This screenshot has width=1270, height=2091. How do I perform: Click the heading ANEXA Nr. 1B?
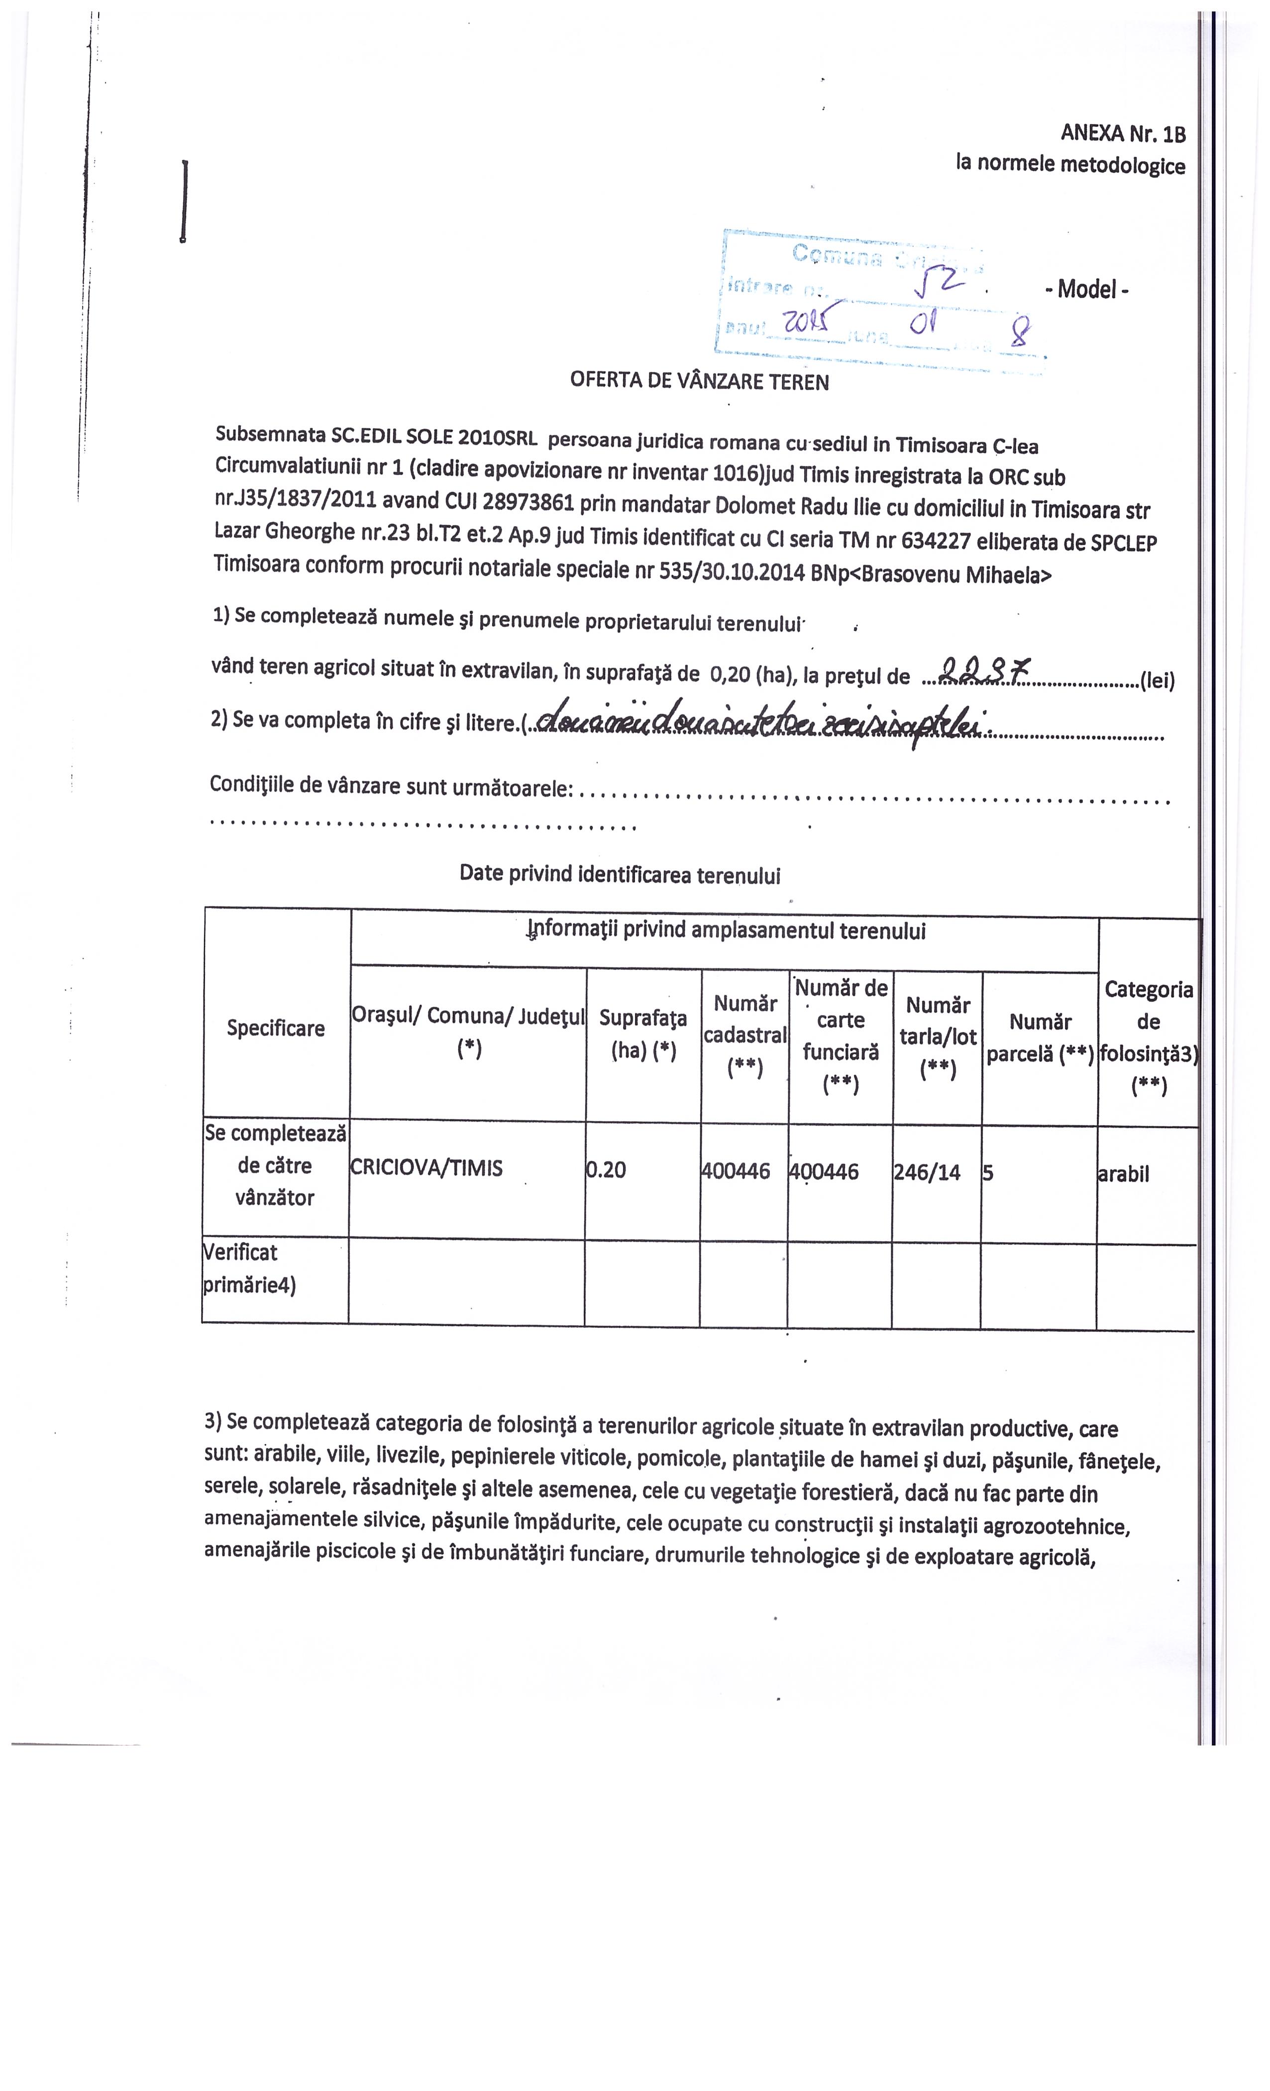tap(1122, 133)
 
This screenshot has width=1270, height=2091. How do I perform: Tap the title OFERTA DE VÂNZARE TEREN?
tap(699, 380)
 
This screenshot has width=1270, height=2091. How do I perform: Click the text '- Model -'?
tap(1087, 289)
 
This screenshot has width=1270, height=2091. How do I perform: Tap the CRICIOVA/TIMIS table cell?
tap(426, 1168)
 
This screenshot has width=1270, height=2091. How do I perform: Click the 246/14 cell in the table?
tap(927, 1173)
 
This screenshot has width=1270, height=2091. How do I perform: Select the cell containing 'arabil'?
tap(1123, 1174)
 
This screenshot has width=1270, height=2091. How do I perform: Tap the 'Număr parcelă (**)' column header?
tap(1040, 1037)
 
